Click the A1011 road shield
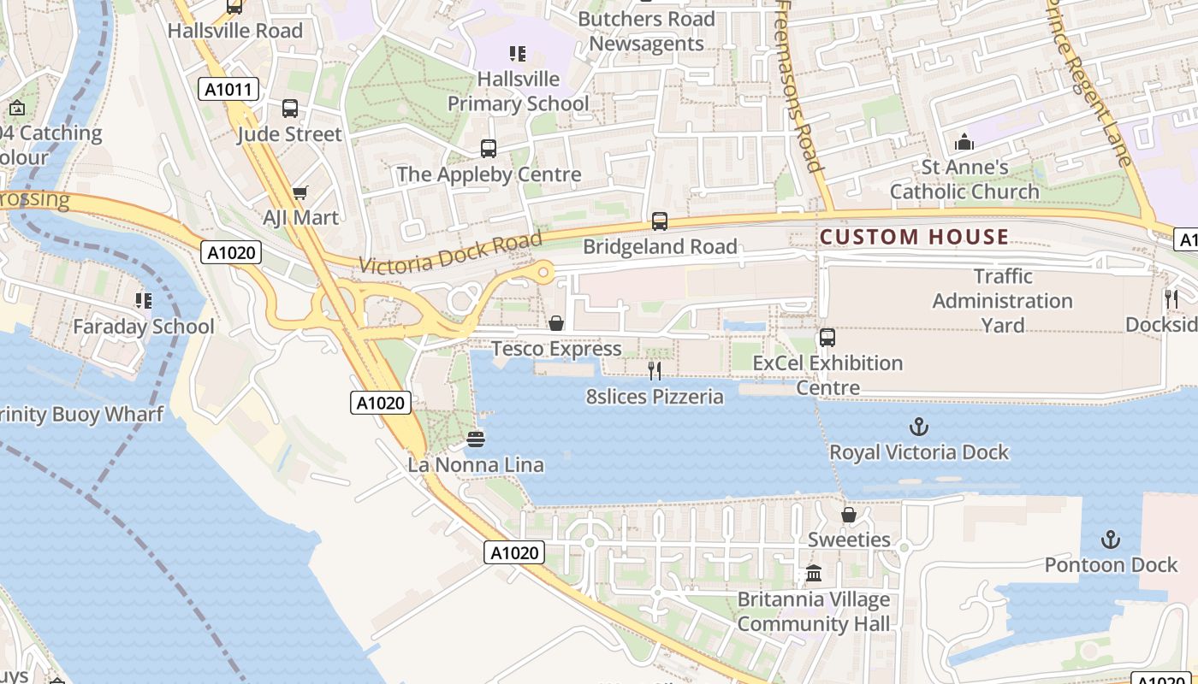[228, 89]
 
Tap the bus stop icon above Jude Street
[290, 109]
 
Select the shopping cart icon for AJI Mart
[299, 192]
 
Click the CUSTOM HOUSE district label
[914, 237]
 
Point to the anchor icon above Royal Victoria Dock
[919, 426]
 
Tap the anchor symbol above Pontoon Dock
[1110, 540]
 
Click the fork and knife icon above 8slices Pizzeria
[655, 370]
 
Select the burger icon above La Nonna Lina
[476, 439]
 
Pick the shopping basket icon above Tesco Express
[556, 323]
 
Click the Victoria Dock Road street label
[451, 253]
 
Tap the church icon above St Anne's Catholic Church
[964, 141]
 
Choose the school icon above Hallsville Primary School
[518, 54]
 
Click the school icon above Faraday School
[143, 300]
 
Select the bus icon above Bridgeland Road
[660, 221]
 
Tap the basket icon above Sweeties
[849, 515]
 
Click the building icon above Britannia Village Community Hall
[814, 574]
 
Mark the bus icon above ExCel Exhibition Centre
[827, 338]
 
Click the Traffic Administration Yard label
[1002, 301]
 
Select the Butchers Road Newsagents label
[646, 31]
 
